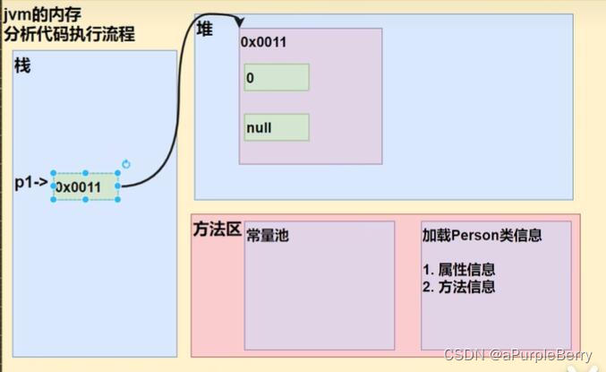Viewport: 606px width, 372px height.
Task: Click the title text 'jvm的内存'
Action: click(x=34, y=13)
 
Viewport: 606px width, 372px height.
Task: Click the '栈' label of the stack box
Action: click(x=22, y=65)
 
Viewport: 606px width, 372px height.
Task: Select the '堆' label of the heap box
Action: click(x=204, y=29)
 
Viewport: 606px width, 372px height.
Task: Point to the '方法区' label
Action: click(x=217, y=229)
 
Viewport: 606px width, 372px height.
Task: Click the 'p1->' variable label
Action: click(x=30, y=183)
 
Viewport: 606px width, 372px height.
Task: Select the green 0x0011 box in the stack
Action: click(x=86, y=186)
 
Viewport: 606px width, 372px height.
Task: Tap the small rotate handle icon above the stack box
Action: click(x=126, y=164)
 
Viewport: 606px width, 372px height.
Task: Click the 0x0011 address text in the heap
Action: click(x=263, y=43)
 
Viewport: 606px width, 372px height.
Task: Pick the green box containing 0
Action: click(x=277, y=78)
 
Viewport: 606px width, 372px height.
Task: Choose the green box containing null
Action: click(x=277, y=127)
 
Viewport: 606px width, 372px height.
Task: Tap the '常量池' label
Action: click(x=268, y=236)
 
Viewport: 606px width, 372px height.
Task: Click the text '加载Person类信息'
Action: click(x=482, y=236)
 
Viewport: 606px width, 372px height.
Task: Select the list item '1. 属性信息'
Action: click(x=458, y=269)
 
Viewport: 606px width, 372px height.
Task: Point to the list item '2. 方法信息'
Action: click(x=458, y=287)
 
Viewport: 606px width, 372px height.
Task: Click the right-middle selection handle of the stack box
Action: click(x=119, y=186)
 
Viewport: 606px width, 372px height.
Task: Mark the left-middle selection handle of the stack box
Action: click(x=53, y=186)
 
